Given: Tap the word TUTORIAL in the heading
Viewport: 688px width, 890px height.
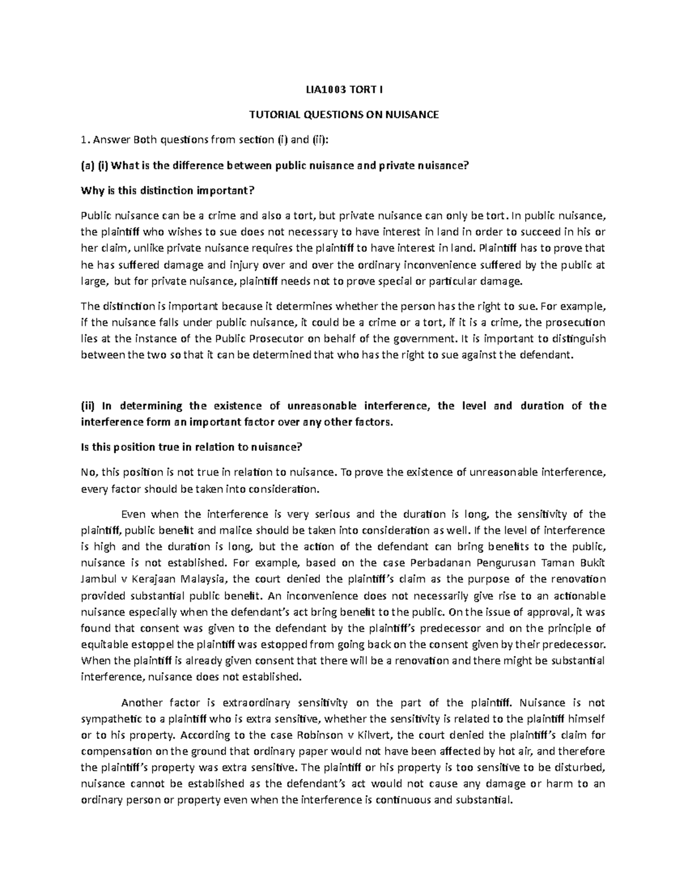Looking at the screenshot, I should (x=272, y=115).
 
